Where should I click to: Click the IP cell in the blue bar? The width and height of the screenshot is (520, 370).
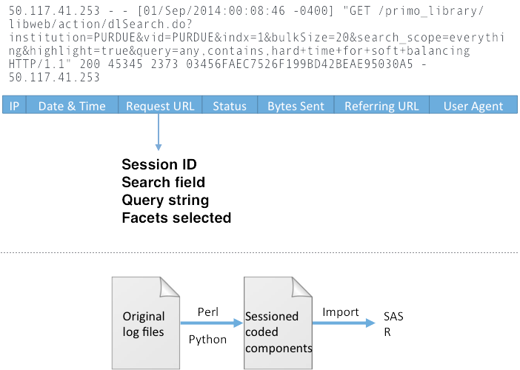click(x=14, y=106)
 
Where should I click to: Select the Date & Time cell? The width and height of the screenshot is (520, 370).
click(x=72, y=106)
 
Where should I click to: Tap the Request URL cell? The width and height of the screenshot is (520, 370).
click(x=160, y=106)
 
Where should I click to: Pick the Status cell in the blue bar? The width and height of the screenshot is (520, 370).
click(x=230, y=106)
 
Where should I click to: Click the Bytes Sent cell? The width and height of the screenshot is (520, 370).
click(x=296, y=106)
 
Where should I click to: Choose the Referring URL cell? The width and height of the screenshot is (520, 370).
click(x=381, y=106)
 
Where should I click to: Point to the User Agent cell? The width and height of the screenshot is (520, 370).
click(x=473, y=106)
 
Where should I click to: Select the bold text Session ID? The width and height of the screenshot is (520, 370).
click(x=159, y=164)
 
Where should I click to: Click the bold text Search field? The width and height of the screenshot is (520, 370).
click(x=163, y=182)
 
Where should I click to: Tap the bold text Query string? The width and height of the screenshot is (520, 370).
click(x=165, y=200)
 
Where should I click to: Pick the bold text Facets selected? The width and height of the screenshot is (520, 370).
click(x=176, y=218)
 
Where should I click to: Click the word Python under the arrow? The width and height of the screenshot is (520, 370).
click(x=207, y=339)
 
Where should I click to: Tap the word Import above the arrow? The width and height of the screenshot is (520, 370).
click(x=340, y=312)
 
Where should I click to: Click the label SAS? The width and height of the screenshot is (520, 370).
click(x=393, y=317)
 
